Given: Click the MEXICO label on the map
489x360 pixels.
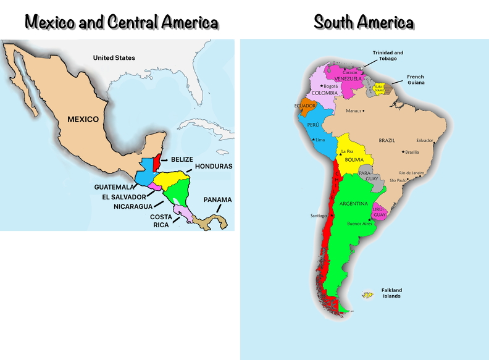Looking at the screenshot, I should point(83,119).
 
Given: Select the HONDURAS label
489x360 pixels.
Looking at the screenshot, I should point(214,167).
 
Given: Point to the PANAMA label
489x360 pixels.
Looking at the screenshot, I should point(217,199).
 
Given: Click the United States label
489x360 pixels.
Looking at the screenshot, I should point(114,58).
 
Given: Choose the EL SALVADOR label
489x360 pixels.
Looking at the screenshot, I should point(124,197).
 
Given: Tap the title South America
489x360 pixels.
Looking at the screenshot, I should point(364,23).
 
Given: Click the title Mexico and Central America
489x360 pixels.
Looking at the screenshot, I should point(122,23).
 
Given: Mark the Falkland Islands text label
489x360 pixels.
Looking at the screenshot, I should point(391,293).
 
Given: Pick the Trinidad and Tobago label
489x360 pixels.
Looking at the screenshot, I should point(388,56).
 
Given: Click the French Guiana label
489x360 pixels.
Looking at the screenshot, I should point(416,80).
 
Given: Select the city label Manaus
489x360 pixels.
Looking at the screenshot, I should point(354,111).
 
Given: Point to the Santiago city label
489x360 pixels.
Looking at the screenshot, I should point(319,216).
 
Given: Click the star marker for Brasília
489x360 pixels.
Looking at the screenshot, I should point(403,152).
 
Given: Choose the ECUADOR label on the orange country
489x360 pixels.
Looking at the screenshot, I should point(305,106).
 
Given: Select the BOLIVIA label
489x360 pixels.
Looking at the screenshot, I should point(354,160).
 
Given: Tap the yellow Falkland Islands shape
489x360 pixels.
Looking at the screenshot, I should point(367,295).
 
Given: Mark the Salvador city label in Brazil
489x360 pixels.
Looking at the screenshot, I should point(425,140).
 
